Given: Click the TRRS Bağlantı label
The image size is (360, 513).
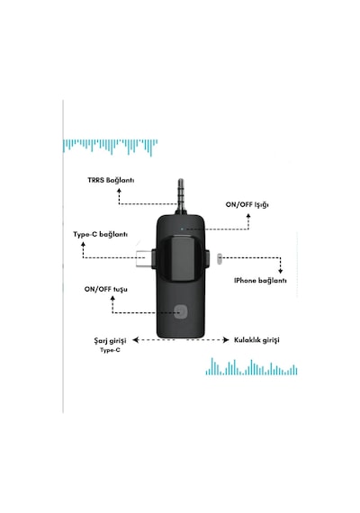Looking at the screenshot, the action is pos(111,180).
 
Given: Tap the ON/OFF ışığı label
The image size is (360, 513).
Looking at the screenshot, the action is pos(247,205).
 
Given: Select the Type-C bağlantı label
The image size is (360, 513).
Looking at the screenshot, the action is pos(101,235).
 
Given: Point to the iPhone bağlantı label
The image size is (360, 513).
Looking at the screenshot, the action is pos(260,281).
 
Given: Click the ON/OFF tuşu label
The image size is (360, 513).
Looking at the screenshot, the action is pos(105,290).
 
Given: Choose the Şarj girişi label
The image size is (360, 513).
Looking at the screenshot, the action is pos(110,340).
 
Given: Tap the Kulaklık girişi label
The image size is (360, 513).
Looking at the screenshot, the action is pos(256,340).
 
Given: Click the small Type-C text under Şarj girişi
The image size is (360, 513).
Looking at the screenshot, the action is pos(110,350).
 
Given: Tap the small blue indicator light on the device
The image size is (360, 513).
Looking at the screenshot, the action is pos(183,229).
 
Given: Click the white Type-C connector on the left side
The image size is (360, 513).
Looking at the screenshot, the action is pos(144,258).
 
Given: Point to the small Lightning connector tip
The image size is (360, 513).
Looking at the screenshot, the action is pos(220,259).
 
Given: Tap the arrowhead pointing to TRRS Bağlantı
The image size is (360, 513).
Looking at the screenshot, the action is pos(119,190).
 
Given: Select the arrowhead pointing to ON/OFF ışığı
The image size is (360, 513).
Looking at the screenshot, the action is pos(248,216).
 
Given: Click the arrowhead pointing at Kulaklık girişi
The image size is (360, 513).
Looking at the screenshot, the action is pos(226,340).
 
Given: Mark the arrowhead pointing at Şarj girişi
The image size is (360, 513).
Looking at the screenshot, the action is pos(136,340).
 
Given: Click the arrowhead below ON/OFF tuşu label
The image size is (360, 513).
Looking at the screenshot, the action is pos(112,298).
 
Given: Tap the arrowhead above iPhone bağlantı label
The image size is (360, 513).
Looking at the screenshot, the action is pos(280,271).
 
